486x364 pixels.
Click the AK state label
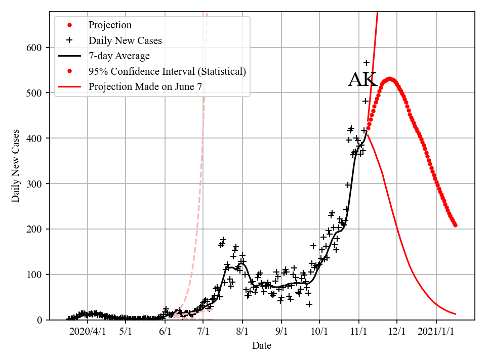coord(362,80)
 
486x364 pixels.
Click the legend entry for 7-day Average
coord(119,56)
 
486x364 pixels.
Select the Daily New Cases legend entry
coord(125,40)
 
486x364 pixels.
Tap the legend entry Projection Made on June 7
coord(145,86)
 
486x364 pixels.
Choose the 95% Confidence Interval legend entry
coord(167,71)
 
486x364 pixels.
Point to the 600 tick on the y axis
coord(35,48)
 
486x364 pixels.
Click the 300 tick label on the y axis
coord(35,184)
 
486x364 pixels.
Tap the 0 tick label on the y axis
coord(39,320)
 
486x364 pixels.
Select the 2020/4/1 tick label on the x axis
coord(87,332)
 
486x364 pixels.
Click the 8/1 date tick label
coord(242,332)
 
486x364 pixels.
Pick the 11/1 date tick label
coord(359,332)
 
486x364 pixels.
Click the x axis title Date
coord(262,346)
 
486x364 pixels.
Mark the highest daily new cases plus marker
coord(366,63)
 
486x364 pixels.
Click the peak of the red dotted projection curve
coord(389,78)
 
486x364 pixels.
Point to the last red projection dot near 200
coord(455,225)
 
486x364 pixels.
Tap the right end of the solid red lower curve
coord(456,314)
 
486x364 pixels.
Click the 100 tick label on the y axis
coord(35,275)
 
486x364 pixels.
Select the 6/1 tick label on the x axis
coord(165,332)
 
